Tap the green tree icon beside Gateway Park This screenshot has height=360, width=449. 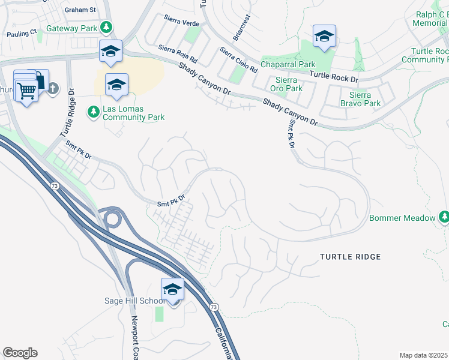click(x=106, y=27)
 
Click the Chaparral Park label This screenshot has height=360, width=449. click(x=287, y=64)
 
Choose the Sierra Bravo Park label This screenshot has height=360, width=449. click(x=360, y=99)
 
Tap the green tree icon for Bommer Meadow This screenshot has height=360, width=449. click(x=444, y=217)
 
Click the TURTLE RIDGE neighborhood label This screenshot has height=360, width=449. click(x=350, y=257)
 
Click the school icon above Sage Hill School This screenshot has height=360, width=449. click(x=172, y=289)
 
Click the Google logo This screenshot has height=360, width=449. click(x=20, y=353)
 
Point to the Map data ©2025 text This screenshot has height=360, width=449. click(x=423, y=355)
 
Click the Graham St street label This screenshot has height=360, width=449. click(x=80, y=10)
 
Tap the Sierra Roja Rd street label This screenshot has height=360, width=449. click(x=178, y=53)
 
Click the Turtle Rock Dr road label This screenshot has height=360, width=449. click(x=333, y=76)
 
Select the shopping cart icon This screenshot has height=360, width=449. click(x=26, y=91)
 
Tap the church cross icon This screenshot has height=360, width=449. click(x=52, y=89)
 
